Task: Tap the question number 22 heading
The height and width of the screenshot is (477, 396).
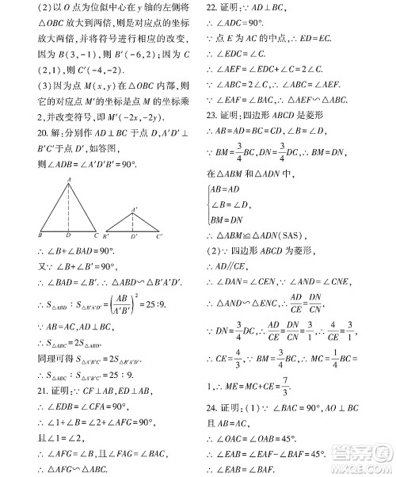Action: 211,7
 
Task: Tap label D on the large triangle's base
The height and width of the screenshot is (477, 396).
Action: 69,235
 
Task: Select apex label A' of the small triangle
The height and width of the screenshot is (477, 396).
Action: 135,209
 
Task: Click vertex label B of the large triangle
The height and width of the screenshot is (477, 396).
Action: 40,235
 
